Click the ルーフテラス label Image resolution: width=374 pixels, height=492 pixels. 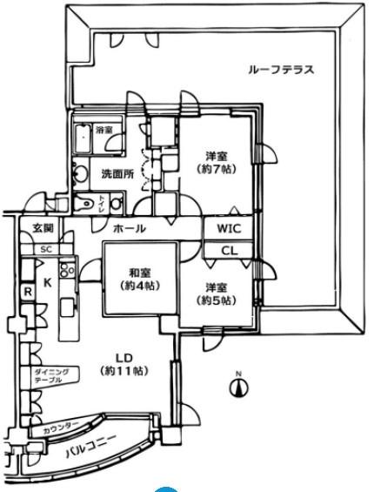tap(281, 70)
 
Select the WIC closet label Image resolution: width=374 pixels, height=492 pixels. tap(229, 228)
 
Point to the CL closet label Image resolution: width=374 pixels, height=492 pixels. tap(230, 251)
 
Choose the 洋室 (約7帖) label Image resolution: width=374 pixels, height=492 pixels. tap(217, 163)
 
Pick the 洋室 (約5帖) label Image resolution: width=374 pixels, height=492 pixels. tap(217, 294)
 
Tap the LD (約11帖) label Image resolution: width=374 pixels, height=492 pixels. tap(124, 365)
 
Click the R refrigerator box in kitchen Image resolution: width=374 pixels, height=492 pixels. tap(28, 293)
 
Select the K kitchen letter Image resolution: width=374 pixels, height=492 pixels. tap(47, 283)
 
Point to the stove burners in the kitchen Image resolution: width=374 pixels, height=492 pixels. tap(67, 269)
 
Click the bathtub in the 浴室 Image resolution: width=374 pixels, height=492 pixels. tap(83, 138)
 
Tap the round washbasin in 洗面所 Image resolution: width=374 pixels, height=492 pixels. tap(80, 173)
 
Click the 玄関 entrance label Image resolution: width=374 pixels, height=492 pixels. tap(43, 228)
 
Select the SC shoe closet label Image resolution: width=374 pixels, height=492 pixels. tap(46, 249)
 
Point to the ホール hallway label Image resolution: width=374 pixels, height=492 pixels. tap(130, 228)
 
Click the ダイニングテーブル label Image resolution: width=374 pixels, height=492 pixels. tap(51, 376)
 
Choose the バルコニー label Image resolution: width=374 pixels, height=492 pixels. tap(91, 447)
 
